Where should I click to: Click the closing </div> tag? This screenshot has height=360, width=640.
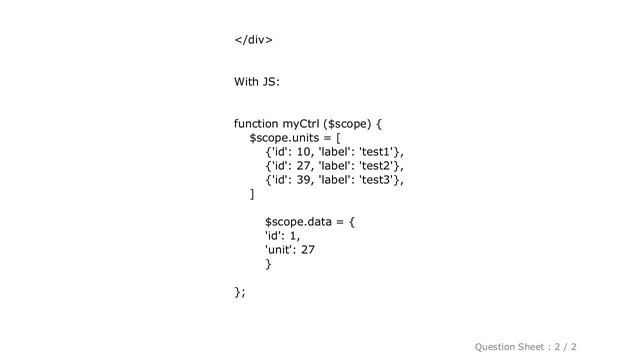[x=254, y=40]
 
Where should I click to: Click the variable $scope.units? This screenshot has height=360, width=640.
[x=289, y=137]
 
